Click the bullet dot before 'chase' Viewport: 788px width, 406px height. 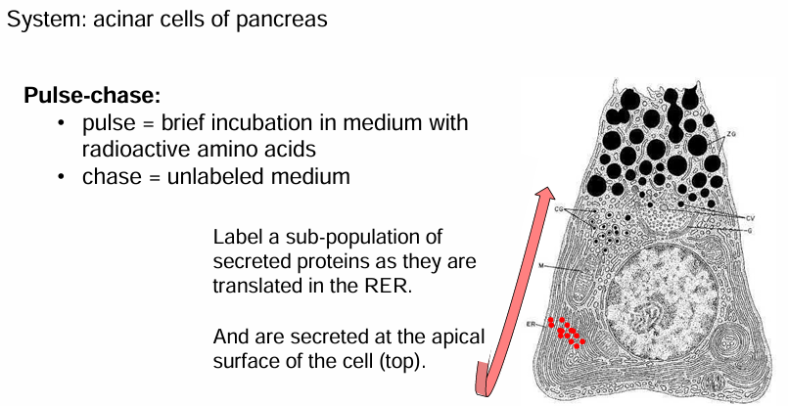(61, 177)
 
